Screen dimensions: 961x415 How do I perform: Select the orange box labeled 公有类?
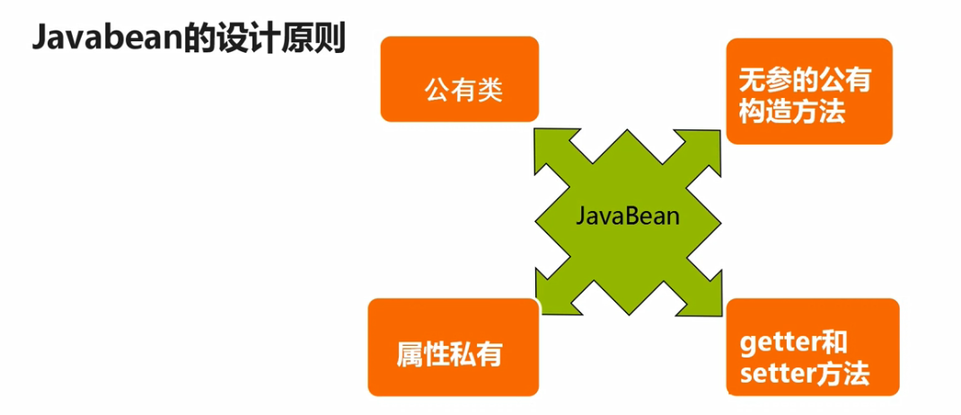[460, 80]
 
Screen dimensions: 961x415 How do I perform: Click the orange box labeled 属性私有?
[454, 348]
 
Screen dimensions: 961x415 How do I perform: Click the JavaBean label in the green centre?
[627, 216]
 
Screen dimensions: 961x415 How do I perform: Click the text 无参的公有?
[805, 81]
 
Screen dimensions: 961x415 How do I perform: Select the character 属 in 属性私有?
[410, 353]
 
